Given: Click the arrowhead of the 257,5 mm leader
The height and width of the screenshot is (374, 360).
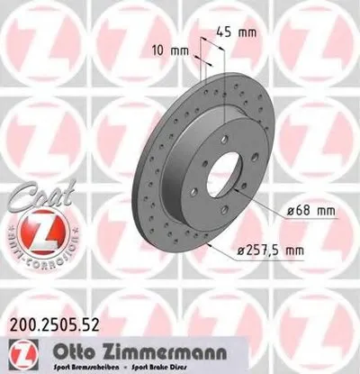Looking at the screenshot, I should pyautogui.click(x=204, y=242).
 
